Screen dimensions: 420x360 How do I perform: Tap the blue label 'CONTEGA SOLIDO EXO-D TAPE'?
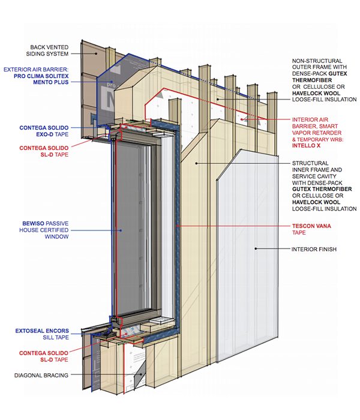44,131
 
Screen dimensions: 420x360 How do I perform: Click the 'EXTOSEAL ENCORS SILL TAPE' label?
43,334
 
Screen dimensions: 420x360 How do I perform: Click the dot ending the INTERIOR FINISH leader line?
256,248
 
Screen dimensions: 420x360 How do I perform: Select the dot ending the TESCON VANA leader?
178,226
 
